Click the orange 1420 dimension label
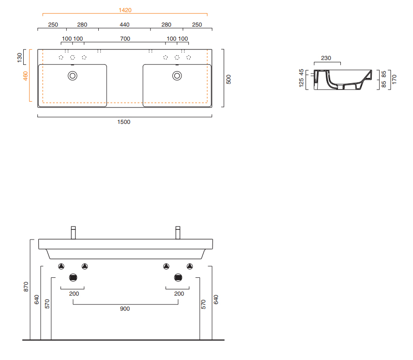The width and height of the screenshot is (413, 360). click(125, 10)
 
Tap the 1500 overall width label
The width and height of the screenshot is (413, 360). click(124, 122)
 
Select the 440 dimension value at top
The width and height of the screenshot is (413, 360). click(124, 25)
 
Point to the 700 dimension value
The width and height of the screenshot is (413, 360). click(125, 39)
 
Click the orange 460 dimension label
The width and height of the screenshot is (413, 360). click(25, 76)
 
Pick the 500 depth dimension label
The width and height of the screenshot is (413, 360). click(229, 79)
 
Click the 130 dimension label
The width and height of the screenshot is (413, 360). click(19, 58)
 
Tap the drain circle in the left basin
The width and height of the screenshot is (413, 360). click(73, 76)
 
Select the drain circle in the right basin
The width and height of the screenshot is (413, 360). click(177, 76)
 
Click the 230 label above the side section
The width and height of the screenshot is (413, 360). click(326, 58)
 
